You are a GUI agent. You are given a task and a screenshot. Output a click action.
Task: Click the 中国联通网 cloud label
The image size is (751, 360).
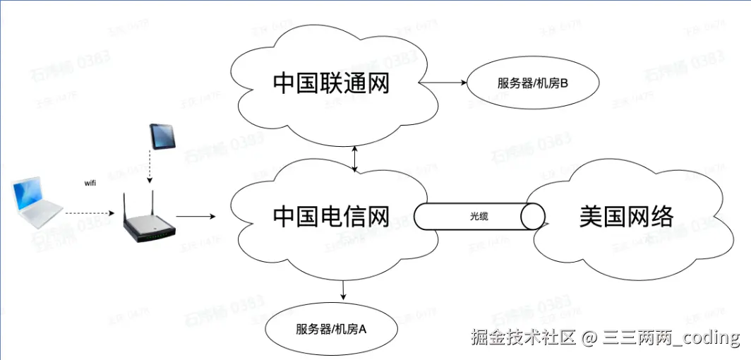(331, 83)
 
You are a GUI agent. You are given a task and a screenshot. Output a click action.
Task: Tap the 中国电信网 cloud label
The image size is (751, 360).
(331, 216)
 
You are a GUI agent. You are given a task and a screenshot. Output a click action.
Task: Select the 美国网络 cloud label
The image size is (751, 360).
(626, 216)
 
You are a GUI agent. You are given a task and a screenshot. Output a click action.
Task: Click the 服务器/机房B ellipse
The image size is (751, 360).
(532, 84)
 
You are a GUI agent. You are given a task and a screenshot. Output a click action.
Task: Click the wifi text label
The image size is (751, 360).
(90, 183)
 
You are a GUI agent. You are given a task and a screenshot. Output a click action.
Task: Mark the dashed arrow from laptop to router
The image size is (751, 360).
(88, 212)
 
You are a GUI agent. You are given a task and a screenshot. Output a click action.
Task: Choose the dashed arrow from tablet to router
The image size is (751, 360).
(150, 169)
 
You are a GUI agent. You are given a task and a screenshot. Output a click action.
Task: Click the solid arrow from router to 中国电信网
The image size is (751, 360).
(196, 216)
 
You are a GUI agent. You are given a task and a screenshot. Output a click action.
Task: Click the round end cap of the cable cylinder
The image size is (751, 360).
(534, 217)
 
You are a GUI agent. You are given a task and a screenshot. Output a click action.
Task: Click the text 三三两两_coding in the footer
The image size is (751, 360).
(671, 337)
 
